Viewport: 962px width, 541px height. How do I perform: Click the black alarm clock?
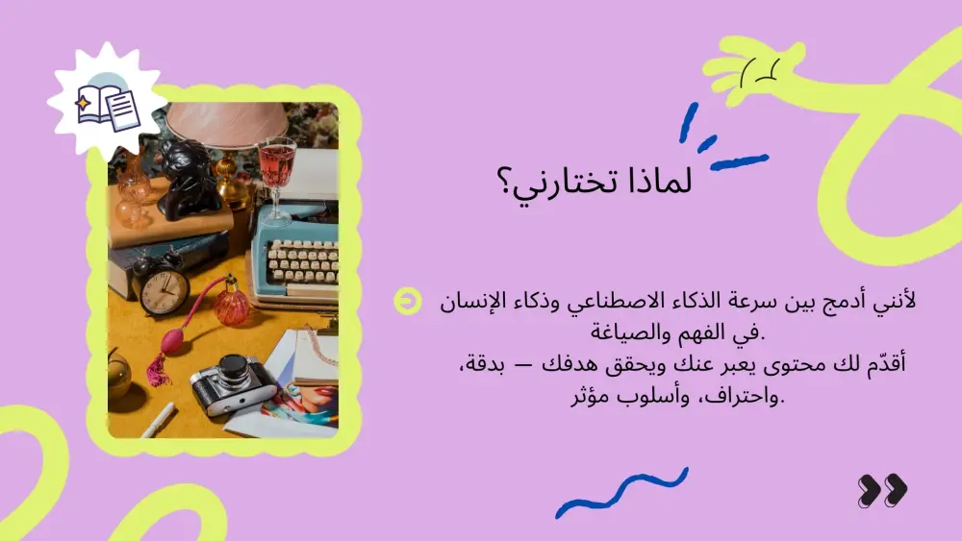tap(163, 285)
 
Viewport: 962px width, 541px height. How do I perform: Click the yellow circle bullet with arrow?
tap(407, 302)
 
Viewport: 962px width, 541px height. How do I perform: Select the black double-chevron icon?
tap(881, 490)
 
